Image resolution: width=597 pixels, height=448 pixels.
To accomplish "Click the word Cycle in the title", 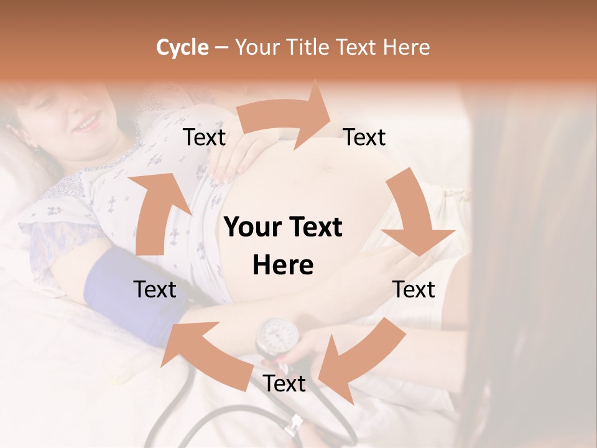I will click(182, 47).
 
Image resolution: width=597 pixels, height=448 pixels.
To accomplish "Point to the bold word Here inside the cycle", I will click(283, 266).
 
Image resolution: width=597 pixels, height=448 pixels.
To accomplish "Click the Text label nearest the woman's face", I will click(204, 138).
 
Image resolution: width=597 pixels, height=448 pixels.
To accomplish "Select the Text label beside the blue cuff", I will click(155, 289).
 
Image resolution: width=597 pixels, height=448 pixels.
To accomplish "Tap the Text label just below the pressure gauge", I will click(284, 383).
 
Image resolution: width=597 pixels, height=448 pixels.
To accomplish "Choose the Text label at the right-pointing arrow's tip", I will click(364, 138).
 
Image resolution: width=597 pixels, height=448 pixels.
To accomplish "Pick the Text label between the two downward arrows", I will click(414, 289).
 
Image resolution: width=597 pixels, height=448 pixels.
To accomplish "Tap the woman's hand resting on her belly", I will click(239, 159).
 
